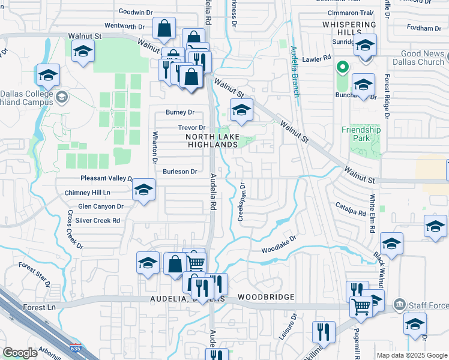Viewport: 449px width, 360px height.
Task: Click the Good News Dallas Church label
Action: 418,58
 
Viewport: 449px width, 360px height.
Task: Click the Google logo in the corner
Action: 20,353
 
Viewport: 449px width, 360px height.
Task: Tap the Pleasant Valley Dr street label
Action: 106,178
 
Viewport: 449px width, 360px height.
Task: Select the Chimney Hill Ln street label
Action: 87,193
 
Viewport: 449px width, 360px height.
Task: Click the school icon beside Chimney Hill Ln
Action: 143,191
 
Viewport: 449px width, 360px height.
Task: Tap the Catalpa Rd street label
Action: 351,212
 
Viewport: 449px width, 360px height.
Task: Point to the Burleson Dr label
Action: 180,172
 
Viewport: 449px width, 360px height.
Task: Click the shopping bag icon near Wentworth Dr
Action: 164,28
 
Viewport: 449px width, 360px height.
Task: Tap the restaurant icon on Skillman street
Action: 324,331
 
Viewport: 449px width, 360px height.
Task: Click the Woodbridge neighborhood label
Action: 265,297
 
